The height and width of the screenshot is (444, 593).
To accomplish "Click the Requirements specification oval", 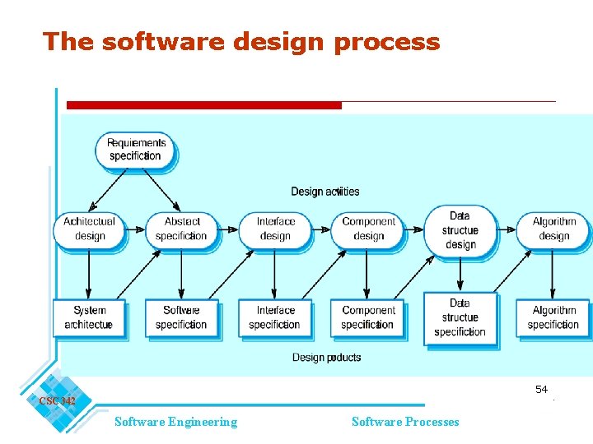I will pyautogui.click(x=136, y=150).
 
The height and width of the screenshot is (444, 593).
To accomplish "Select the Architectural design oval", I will pyautogui.click(x=90, y=229).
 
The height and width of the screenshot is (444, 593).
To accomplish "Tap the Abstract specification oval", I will pyautogui.click(x=182, y=229).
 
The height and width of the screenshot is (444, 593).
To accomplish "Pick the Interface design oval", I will pyautogui.click(x=275, y=229).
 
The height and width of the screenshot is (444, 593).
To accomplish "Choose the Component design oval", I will pyautogui.click(x=368, y=229).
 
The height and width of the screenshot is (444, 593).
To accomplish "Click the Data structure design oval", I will pyautogui.click(x=460, y=229).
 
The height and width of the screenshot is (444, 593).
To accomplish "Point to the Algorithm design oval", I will pyautogui.click(x=553, y=229).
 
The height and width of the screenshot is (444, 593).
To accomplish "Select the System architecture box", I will pyautogui.click(x=89, y=317).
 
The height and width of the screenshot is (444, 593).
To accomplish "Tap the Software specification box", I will pyautogui.click(x=181, y=317).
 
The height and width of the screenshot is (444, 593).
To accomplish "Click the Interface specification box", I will pyautogui.click(x=275, y=317).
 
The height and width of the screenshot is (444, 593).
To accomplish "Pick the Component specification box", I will pyautogui.click(x=368, y=317).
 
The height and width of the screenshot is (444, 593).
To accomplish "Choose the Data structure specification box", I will pyautogui.click(x=460, y=317).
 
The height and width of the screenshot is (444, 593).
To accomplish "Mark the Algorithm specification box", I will pyautogui.click(x=553, y=317).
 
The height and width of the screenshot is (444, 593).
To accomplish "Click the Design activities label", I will pyautogui.click(x=325, y=192).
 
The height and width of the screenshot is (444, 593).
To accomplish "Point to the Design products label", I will pyautogui.click(x=326, y=358).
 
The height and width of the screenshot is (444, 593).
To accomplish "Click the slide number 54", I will pyautogui.click(x=541, y=389).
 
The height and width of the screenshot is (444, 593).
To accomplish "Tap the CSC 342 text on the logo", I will pyautogui.click(x=57, y=401).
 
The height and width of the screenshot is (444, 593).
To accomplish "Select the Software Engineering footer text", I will pyautogui.click(x=175, y=422).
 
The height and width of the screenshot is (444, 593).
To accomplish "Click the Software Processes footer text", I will pyautogui.click(x=405, y=422).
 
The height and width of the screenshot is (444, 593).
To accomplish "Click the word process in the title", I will pyautogui.click(x=387, y=42).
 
